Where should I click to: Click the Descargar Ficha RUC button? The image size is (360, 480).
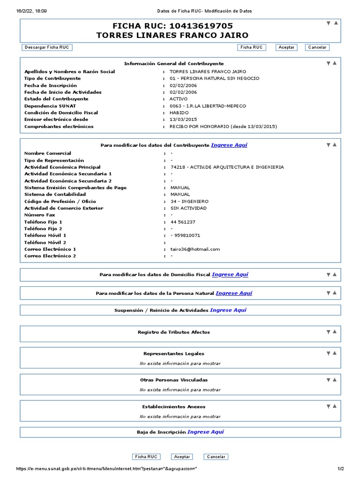[x=47, y=47]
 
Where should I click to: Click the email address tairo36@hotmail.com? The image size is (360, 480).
[x=195, y=249]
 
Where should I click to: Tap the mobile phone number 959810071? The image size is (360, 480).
[x=187, y=235]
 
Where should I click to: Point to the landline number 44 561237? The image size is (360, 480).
[x=183, y=222]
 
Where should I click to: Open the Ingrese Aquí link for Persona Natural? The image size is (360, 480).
[x=233, y=293]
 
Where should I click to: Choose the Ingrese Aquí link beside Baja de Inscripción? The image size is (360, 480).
[x=205, y=432]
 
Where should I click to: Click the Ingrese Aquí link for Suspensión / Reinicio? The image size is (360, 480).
[x=228, y=310]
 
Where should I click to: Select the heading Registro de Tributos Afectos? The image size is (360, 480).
[x=173, y=332]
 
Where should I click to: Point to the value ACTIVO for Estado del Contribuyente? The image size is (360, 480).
[x=178, y=99]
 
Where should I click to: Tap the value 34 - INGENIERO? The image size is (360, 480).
[x=189, y=202]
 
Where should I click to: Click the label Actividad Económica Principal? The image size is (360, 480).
[x=62, y=167]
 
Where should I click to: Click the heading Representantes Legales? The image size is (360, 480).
[x=173, y=354]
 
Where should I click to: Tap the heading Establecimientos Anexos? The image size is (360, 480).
[x=173, y=407]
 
